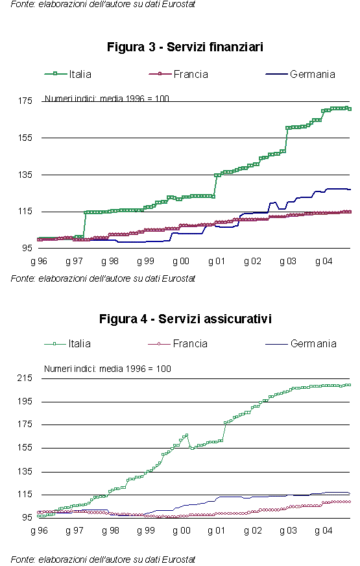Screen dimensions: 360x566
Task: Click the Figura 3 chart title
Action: [185, 47]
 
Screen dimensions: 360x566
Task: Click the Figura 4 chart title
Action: [186, 319]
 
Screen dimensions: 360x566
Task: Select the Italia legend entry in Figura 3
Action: [68, 74]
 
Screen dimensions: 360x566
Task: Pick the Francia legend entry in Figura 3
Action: [178, 74]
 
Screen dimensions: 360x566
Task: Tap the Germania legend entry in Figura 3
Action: [300, 74]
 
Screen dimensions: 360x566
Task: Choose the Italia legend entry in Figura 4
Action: [67, 343]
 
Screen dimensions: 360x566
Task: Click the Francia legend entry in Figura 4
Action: [178, 343]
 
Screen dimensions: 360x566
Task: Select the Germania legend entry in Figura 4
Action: [301, 343]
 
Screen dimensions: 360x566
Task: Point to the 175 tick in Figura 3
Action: [25, 101]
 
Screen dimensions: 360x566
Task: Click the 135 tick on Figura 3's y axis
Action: [25, 175]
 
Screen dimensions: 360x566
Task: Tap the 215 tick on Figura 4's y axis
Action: [25, 378]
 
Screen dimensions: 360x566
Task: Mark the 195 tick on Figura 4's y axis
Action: [25, 401]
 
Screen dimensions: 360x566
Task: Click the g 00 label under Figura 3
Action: [181, 261]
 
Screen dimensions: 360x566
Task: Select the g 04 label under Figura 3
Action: [324, 261]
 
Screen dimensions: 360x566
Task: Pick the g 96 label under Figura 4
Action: [39, 531]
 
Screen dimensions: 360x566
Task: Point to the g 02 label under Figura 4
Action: [252, 531]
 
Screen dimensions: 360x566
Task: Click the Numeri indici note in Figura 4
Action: [108, 369]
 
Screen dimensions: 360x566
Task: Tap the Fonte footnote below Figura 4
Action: [102, 560]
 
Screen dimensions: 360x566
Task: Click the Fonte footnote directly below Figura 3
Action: [102, 278]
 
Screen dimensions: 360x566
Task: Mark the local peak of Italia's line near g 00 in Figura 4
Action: [187, 435]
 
